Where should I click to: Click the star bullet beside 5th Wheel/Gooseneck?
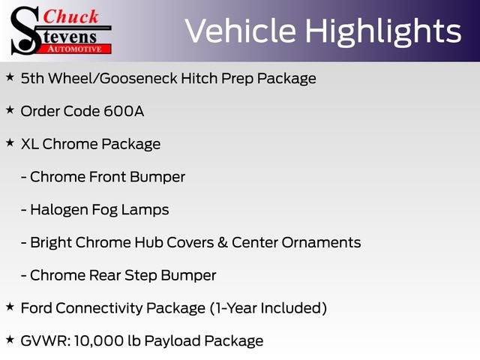[10, 77]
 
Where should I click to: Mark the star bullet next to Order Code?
[10, 110]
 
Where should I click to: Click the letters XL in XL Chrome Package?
[30, 144]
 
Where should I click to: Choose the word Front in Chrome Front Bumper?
[109, 177]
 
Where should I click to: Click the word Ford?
[37, 307]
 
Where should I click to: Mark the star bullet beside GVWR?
[10, 340]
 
